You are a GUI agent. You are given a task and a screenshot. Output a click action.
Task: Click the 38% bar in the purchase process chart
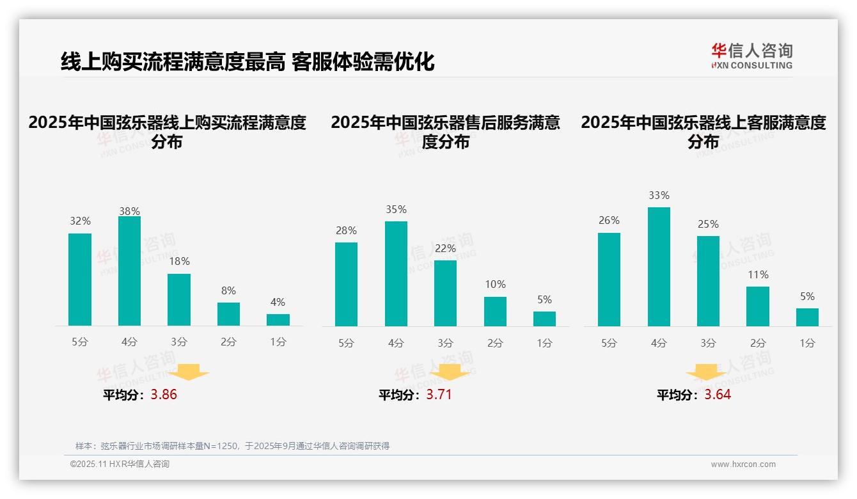tap(129, 271)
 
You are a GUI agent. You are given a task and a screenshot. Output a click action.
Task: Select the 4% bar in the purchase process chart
tap(278, 320)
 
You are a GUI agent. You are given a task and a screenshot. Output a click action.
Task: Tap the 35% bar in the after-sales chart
tap(396, 274)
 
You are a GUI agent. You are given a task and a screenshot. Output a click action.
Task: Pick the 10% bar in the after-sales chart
tap(495, 312)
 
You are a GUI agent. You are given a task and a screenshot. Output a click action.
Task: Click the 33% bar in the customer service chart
tap(659, 267)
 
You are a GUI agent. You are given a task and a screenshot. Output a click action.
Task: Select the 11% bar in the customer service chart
tap(758, 306)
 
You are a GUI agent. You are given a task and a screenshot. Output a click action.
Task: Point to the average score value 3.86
tap(164, 395)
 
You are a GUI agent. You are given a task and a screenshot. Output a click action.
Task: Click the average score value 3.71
tap(439, 395)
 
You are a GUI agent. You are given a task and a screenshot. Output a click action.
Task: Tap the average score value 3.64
tap(718, 395)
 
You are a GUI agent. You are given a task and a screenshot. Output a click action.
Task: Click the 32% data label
tap(80, 221)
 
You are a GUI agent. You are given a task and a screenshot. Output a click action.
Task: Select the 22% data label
tap(445, 249)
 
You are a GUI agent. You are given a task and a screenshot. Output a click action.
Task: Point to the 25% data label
tap(708, 225)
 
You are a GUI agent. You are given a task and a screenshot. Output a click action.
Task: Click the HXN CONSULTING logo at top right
tap(751, 56)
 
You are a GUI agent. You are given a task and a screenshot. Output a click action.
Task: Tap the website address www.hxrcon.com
tap(743, 464)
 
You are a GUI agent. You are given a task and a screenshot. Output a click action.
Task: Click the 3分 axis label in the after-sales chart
tap(445, 344)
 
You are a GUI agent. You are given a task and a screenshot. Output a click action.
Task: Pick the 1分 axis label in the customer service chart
tap(807, 344)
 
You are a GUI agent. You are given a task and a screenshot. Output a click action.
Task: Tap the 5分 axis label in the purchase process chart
tap(80, 342)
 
